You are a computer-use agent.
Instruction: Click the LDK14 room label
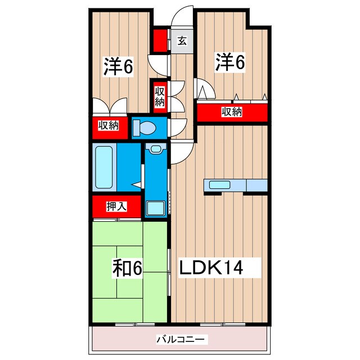(211, 267)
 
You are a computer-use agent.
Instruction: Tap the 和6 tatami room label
(128, 267)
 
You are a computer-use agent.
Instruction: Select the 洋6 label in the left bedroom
(118, 66)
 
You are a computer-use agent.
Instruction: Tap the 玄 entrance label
(182, 40)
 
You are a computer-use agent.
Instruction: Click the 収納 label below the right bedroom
(231, 112)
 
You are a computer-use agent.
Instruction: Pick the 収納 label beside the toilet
(109, 126)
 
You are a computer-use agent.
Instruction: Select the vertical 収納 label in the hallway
(160, 95)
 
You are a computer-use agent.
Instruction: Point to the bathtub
(105, 168)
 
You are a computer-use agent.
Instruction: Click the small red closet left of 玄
(161, 40)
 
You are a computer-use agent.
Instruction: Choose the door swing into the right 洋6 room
(203, 90)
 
